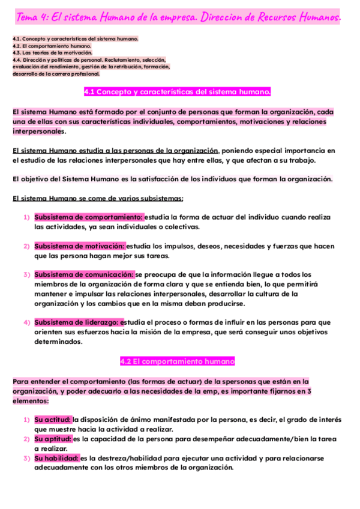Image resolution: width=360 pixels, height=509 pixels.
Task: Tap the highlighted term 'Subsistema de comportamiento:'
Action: (x=89, y=217)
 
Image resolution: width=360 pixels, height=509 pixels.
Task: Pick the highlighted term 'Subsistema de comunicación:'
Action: (x=85, y=274)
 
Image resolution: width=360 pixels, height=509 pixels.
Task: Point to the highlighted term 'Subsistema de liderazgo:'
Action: (x=77, y=322)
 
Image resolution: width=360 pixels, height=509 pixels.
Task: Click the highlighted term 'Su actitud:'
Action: (x=53, y=420)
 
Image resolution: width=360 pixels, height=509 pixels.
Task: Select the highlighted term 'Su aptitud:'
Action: (x=53, y=439)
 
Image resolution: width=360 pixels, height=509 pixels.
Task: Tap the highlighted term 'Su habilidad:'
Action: (x=56, y=458)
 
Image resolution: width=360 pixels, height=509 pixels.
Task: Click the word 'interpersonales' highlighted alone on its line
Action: (x=38, y=131)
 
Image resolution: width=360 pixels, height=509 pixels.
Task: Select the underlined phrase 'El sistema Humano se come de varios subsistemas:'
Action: (x=98, y=198)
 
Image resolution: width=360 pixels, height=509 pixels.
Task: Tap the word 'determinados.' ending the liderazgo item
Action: (x=58, y=342)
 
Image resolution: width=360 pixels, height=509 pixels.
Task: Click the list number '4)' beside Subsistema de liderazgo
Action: (x=27, y=322)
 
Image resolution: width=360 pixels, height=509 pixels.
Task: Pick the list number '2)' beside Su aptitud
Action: (x=27, y=439)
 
